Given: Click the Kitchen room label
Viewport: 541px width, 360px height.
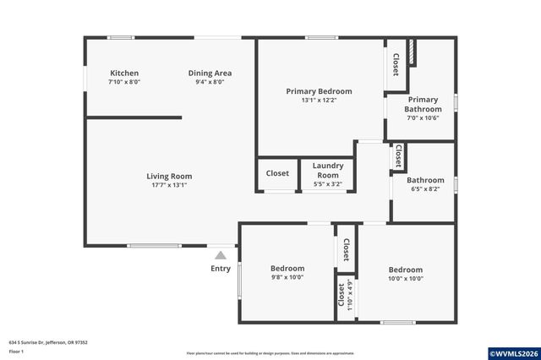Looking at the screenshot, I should (123, 74).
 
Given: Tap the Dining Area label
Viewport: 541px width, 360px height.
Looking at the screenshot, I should (210, 74).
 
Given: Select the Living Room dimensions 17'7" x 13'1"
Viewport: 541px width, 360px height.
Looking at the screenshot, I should (169, 185).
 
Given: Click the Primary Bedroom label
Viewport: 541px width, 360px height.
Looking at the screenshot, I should (319, 91).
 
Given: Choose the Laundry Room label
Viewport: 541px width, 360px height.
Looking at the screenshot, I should (327, 170).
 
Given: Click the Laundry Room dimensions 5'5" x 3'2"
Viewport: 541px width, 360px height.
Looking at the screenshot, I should (327, 183).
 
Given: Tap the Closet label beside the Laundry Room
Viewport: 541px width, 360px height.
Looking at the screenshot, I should (277, 173).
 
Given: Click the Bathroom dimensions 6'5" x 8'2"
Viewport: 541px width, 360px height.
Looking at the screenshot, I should (425, 189).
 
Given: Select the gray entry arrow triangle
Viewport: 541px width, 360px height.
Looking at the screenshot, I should (221, 254).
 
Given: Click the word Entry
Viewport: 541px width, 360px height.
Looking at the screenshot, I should (221, 269).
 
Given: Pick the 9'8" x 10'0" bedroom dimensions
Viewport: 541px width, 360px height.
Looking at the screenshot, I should (287, 277).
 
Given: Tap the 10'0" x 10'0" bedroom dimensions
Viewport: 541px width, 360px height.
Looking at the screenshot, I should (406, 278).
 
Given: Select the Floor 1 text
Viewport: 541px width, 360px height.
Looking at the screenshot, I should (16, 350).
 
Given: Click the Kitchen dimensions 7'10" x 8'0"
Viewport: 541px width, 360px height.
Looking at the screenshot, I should (123, 83).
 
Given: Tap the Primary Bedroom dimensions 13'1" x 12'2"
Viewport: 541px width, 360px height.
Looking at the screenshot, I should (319, 101).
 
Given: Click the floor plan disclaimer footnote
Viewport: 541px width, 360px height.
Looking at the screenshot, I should (270, 352).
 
